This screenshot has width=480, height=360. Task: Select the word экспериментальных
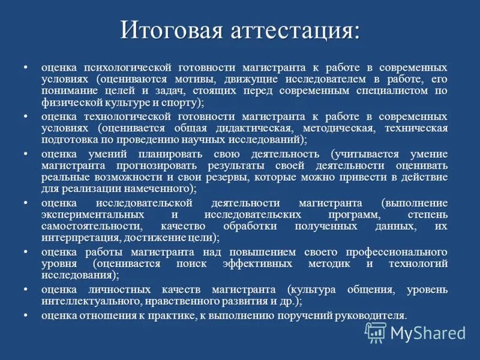coord(92,214)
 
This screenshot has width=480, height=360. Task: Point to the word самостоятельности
coord(92,226)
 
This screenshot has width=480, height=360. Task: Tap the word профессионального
coord(386,252)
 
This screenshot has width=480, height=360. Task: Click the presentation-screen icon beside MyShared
coord(376,332)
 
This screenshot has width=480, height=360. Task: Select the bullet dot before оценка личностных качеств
coord(26,290)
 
